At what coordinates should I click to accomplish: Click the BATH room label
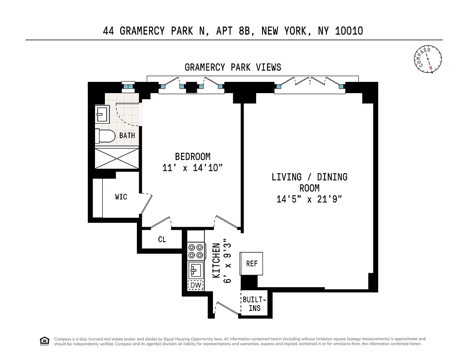click(127, 135)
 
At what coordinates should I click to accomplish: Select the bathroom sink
click(101, 115)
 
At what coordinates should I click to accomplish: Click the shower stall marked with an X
click(117, 158)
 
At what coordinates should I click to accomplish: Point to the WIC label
click(121, 197)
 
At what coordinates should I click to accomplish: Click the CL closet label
click(162, 240)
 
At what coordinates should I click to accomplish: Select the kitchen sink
click(195, 270)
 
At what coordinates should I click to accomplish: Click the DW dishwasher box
click(195, 285)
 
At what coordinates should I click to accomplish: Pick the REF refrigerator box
click(252, 264)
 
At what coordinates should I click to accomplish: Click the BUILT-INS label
click(254, 304)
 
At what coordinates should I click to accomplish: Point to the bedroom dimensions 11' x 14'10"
click(193, 168)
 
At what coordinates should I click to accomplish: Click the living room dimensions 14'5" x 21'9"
click(309, 199)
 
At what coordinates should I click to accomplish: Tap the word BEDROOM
click(193, 157)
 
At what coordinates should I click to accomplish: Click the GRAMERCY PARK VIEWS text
click(233, 67)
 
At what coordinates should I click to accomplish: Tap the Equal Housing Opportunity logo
click(44, 341)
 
